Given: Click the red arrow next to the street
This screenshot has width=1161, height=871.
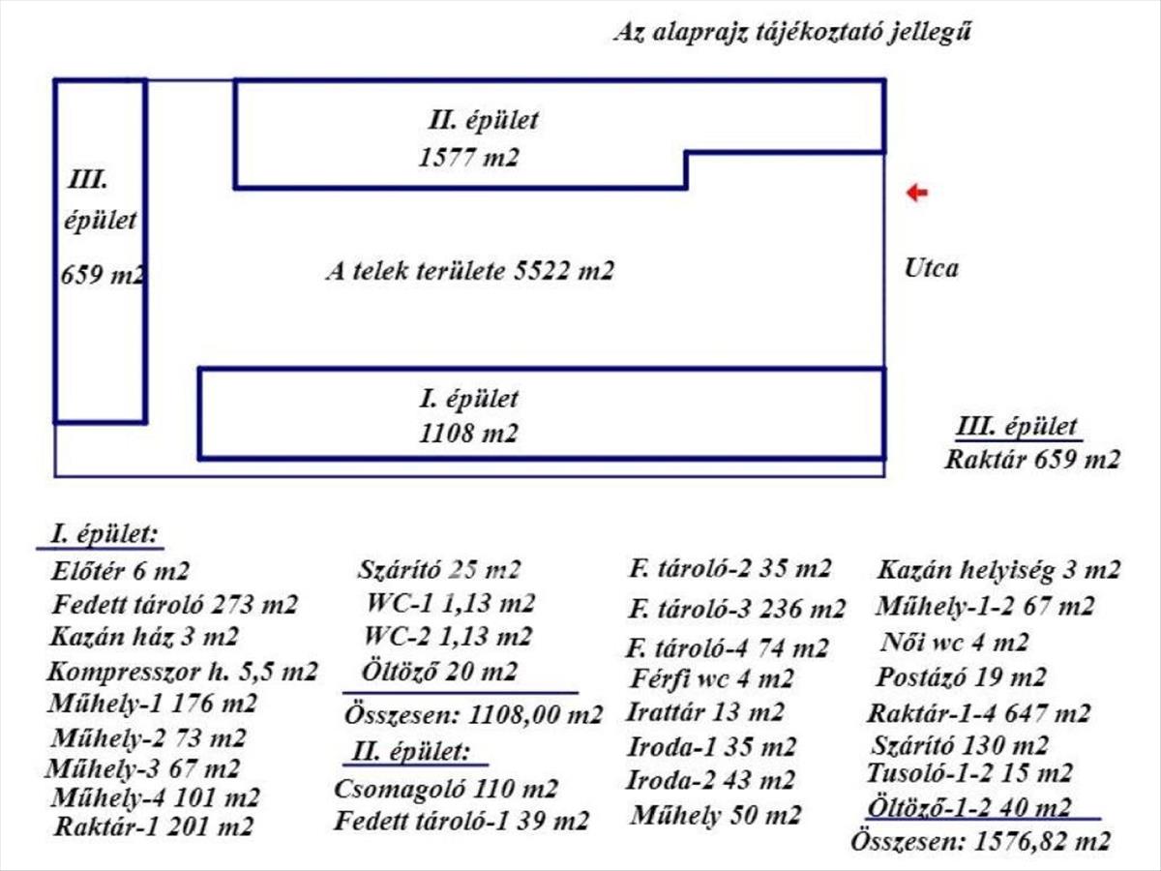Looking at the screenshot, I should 916,194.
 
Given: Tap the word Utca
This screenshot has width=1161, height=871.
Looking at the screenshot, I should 932,268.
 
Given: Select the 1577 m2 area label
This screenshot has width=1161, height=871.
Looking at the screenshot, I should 468,158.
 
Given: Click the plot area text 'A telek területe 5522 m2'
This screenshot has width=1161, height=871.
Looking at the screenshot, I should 469,272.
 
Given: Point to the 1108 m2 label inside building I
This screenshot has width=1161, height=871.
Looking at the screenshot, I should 468,434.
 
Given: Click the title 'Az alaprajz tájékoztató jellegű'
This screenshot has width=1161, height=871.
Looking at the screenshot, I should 792,32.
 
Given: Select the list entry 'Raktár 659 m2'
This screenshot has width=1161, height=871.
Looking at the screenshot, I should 1032,459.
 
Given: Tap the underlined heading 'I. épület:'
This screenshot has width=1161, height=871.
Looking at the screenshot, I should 105,535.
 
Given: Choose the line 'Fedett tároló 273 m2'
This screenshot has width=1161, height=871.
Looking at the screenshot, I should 175,606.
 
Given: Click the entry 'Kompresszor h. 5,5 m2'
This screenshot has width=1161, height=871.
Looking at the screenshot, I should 182,671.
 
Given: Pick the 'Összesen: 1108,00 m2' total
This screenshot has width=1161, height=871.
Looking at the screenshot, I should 473,716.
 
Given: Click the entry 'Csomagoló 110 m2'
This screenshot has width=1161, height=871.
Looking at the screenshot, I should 446,789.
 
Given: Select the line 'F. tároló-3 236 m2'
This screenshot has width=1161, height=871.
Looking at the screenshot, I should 736,610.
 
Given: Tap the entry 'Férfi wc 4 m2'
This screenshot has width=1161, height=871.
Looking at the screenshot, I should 711,678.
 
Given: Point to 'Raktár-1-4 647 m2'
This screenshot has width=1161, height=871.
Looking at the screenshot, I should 978,715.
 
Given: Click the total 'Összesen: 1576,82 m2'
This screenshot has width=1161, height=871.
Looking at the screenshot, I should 980,842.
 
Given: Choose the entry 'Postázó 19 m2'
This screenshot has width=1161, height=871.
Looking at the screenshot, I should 961,676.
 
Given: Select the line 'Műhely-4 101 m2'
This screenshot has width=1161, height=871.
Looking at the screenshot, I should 155,798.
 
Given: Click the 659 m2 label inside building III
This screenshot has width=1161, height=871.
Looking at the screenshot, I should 102,275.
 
